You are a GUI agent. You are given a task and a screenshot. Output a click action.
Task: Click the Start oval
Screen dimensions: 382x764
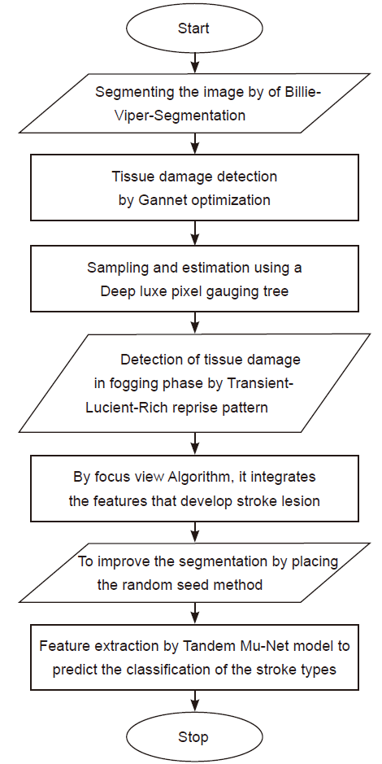coord(194,28)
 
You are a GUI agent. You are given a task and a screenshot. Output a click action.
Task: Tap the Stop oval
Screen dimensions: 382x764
coord(193,736)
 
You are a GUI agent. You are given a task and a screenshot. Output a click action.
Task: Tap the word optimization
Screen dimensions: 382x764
coord(229,200)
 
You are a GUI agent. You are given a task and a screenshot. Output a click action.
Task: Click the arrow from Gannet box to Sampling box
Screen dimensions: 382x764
coord(194,234)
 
